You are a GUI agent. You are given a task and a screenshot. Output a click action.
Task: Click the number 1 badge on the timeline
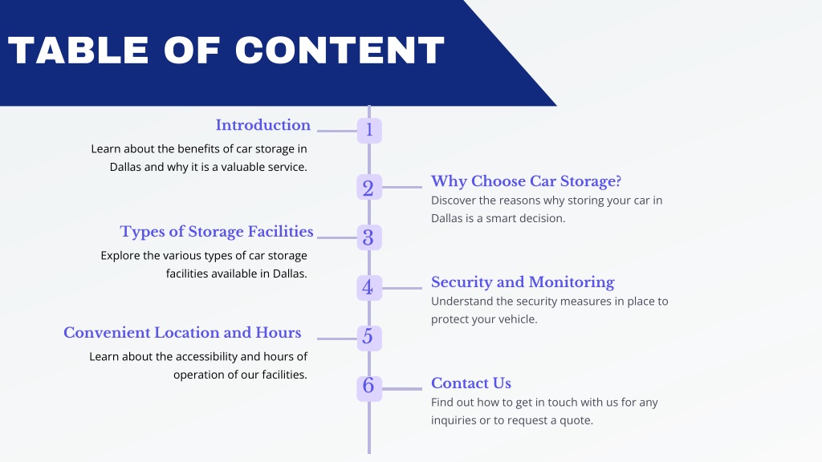369,131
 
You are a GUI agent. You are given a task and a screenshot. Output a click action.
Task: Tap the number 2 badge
369,187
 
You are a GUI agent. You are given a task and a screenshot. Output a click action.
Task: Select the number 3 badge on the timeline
369,237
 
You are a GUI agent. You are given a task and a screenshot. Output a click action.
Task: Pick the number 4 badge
369,288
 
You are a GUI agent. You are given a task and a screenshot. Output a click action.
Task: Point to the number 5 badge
369,338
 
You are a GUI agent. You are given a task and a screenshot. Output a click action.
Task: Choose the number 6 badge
369,389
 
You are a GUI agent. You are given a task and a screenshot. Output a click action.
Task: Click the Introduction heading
263,125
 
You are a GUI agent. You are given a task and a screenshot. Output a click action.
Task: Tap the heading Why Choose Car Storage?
526,181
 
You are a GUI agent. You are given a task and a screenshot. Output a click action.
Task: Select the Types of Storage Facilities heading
217,232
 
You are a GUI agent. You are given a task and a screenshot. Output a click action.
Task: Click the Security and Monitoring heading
523,282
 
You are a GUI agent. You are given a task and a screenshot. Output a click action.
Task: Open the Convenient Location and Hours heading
182,333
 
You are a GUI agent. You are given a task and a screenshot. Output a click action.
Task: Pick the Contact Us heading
471,383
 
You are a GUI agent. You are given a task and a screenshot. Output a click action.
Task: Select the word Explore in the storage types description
120,256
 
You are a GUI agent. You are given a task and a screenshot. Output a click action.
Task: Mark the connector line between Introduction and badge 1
337,131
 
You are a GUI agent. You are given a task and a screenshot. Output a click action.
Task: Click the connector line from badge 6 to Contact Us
402,389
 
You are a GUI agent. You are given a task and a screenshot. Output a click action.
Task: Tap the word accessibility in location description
206,357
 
